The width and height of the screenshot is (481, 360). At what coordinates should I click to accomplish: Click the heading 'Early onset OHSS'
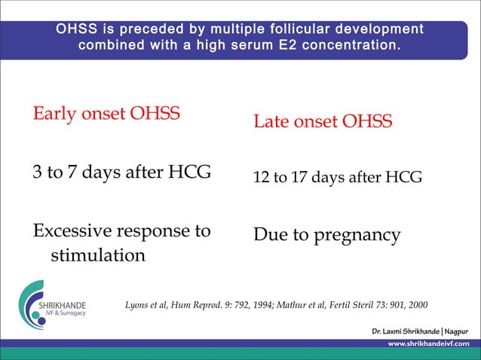click(x=106, y=114)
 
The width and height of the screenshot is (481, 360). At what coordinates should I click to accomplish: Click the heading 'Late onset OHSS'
click(x=323, y=121)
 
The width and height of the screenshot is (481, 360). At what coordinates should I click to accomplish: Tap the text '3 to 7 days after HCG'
click(x=121, y=172)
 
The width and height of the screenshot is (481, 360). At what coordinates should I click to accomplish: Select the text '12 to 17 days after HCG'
click(x=337, y=178)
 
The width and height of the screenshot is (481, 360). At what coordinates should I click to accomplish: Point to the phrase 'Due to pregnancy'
click(x=326, y=235)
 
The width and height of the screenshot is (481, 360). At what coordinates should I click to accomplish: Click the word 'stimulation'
click(x=97, y=255)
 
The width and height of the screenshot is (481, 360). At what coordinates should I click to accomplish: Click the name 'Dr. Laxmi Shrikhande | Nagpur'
click(x=420, y=331)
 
